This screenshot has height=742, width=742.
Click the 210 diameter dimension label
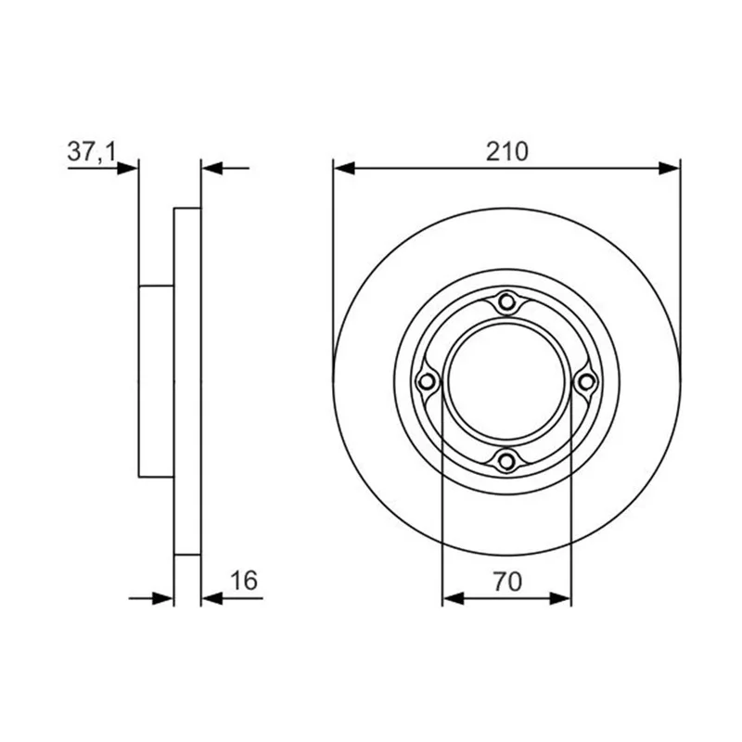pyautogui.click(x=506, y=152)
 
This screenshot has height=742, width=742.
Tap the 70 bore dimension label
pyautogui.click(x=507, y=582)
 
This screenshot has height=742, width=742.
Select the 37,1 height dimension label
pyautogui.click(x=91, y=152)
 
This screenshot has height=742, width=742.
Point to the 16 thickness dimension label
pyautogui.click(x=244, y=581)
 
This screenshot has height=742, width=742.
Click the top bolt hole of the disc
pyautogui.click(x=506, y=301)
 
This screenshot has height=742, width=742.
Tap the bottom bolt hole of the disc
pyautogui.click(x=506, y=460)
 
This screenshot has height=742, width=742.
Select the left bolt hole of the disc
pyautogui.click(x=427, y=381)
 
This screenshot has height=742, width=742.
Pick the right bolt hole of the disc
pyautogui.click(x=586, y=381)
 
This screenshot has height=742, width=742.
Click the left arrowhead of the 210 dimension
pyautogui.click(x=344, y=168)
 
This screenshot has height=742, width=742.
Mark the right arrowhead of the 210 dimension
pyautogui.click(x=669, y=168)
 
